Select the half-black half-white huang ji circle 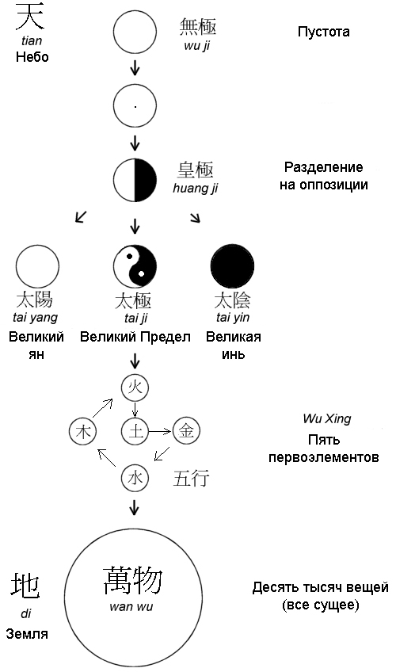(x=135, y=180)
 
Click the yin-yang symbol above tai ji (x=135, y=266)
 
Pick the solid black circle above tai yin (x=233, y=266)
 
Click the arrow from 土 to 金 (x=159, y=432)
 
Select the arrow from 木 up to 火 (x=103, y=407)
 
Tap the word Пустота (x=324, y=32)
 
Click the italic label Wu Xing (x=327, y=418)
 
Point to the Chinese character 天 (x=30, y=17)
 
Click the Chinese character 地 (x=25, y=586)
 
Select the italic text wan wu (x=131, y=606)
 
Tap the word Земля (x=27, y=634)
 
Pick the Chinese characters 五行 (x=191, y=478)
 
